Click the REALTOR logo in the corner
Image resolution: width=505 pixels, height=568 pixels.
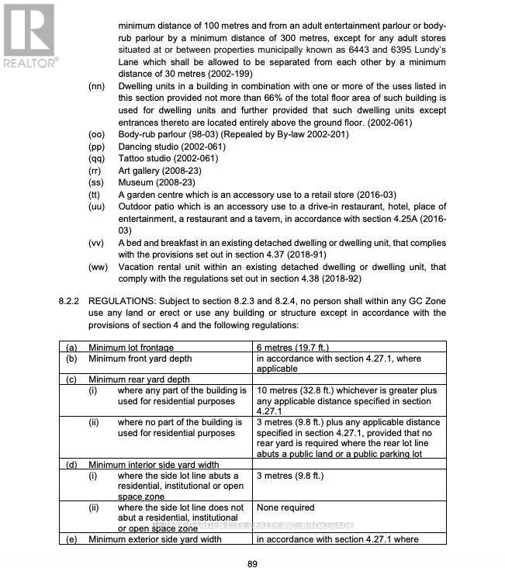29,36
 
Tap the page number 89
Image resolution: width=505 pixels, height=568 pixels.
252,564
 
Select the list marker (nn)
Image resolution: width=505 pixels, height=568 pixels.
96,85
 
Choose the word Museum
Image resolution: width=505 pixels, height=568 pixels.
136,182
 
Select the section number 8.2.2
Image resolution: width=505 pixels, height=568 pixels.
69,300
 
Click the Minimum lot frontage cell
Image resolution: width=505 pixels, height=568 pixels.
131,348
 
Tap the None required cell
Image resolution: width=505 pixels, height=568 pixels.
285,507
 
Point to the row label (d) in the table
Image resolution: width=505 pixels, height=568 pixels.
71,464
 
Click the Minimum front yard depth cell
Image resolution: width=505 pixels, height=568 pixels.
140,358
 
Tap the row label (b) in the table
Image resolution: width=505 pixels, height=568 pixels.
71,358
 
